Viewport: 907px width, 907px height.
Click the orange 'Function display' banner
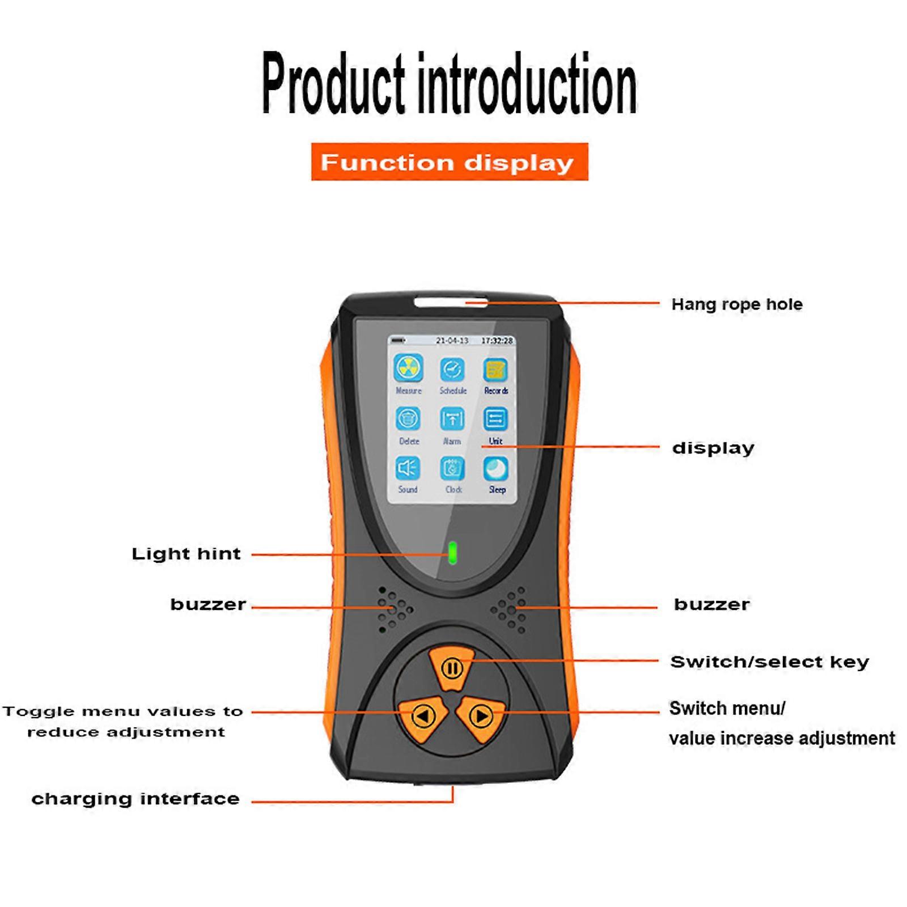(x=449, y=162)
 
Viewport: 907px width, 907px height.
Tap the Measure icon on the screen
(x=408, y=368)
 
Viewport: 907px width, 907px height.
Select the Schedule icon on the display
(x=452, y=369)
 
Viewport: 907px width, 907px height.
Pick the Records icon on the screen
(x=495, y=370)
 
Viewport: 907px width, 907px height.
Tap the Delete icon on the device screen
(x=408, y=419)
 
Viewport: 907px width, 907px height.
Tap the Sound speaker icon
(x=408, y=468)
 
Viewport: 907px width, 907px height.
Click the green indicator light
(x=452, y=553)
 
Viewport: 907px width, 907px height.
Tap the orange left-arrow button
(x=423, y=716)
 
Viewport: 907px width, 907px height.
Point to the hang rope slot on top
(x=451, y=302)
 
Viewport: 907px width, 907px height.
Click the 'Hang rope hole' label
(x=736, y=304)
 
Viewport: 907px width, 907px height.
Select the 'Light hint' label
(x=186, y=554)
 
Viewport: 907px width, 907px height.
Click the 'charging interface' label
(x=135, y=799)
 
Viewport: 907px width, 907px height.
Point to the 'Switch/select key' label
(x=769, y=662)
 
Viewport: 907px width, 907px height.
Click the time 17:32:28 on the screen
(x=497, y=341)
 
